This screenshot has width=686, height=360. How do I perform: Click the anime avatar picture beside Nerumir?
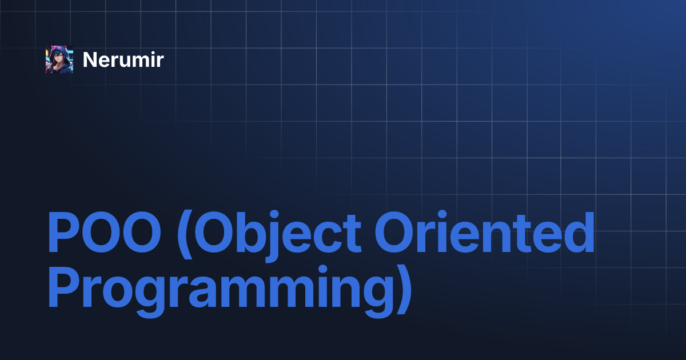pyautogui.click(x=59, y=59)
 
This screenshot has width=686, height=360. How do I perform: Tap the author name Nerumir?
pyautogui.click(x=123, y=59)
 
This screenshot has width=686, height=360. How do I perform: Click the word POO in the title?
pyautogui.click(x=105, y=232)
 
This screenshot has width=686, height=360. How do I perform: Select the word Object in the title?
pyautogui.click(x=278, y=235)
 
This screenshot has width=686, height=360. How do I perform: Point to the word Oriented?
pyautogui.click(x=485, y=231)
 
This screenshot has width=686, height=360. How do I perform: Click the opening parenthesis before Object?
pyautogui.click(x=185, y=234)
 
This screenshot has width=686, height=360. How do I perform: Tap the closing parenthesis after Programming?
pyautogui.click(x=404, y=289)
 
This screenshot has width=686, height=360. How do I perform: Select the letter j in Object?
pyautogui.click(x=272, y=236)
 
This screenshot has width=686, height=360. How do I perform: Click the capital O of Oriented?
pyautogui.click(x=394, y=232)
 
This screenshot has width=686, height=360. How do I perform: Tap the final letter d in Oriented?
pyautogui.click(x=580, y=232)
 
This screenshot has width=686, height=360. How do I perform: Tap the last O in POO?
pyautogui.click(x=142, y=232)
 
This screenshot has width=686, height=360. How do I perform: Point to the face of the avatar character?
pyautogui.click(x=59, y=57)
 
